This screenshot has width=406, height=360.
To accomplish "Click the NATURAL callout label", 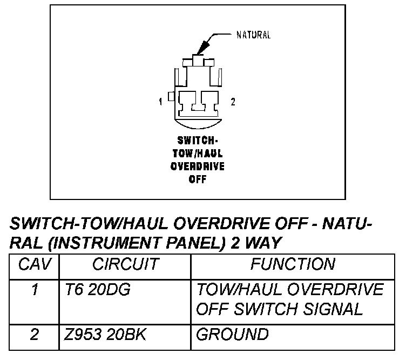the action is coord(253,36).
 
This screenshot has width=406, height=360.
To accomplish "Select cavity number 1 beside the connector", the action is coord(161,101).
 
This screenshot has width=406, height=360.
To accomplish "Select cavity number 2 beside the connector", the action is coord(233,101).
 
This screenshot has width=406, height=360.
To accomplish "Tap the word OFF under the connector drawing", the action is coord(197,179).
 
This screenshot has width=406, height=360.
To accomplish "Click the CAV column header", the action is coord(34,264).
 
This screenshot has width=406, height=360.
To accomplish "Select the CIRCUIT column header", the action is coord(125,264).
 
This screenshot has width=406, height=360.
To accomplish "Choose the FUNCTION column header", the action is coord(293,264).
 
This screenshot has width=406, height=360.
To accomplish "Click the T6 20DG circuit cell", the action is coord(94,290).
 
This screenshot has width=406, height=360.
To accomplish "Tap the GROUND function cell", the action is coord(232,335).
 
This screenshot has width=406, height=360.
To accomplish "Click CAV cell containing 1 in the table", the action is coord(35,290).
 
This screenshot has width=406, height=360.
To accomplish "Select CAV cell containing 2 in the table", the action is coord(35,335).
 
